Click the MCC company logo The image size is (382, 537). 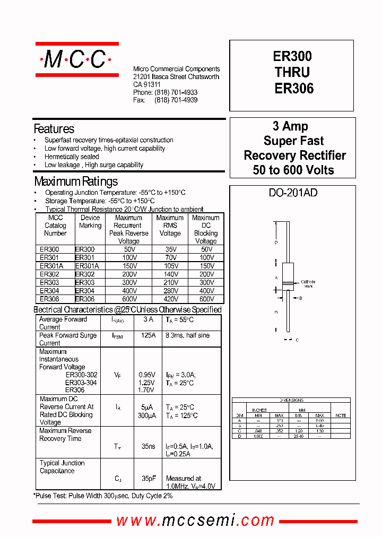[77, 60]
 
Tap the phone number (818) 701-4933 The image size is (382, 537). [176, 92]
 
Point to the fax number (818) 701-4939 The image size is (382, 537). [176, 100]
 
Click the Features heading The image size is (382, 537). [54, 129]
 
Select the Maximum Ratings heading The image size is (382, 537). [76, 181]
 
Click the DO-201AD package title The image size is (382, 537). [293, 193]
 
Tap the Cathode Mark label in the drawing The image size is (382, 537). [308, 284]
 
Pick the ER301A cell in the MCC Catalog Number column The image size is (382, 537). [51, 266]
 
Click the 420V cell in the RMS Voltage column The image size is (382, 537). [170, 299]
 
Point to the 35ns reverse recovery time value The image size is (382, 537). [148, 447]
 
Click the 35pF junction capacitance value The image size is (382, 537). [148, 478]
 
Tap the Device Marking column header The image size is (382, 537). [90, 221]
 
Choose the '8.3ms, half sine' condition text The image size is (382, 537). [187, 335]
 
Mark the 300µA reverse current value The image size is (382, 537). [147, 415]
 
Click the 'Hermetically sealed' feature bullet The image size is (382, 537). [72, 157]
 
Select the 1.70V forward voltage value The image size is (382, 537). [146, 391]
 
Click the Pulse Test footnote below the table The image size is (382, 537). [103, 496]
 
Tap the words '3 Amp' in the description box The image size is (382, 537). [290, 126]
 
